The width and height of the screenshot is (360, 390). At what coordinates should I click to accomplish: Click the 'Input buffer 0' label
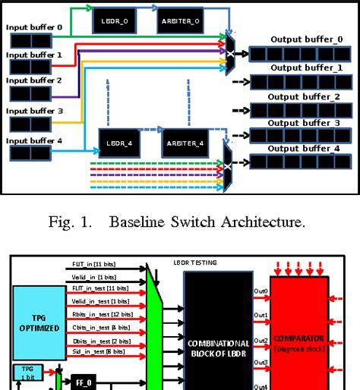(x=34, y=27)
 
